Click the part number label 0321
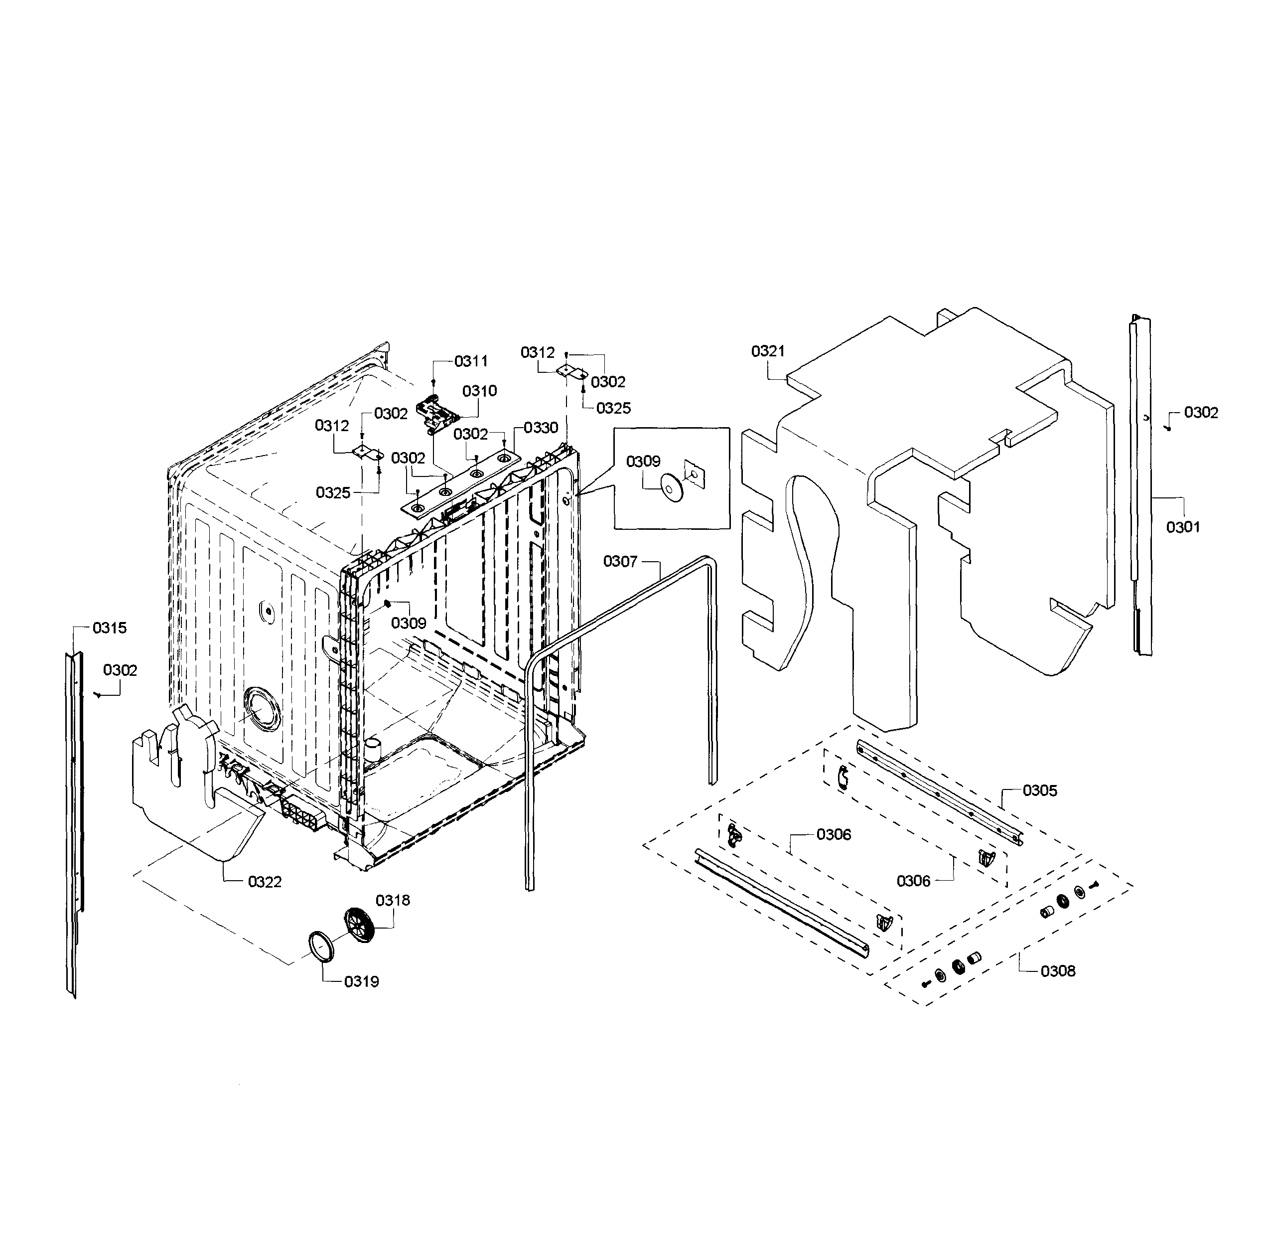point(767,351)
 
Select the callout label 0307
point(620,561)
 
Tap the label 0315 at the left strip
point(109,628)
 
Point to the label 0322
point(265,882)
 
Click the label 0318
point(393,901)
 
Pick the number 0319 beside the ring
point(361,982)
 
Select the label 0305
point(1040,791)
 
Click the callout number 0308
point(1057,971)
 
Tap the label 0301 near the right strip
point(1183,527)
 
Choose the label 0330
point(541,428)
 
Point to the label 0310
point(479,391)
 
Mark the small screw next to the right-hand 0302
point(1169,428)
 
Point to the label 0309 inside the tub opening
point(408,623)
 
